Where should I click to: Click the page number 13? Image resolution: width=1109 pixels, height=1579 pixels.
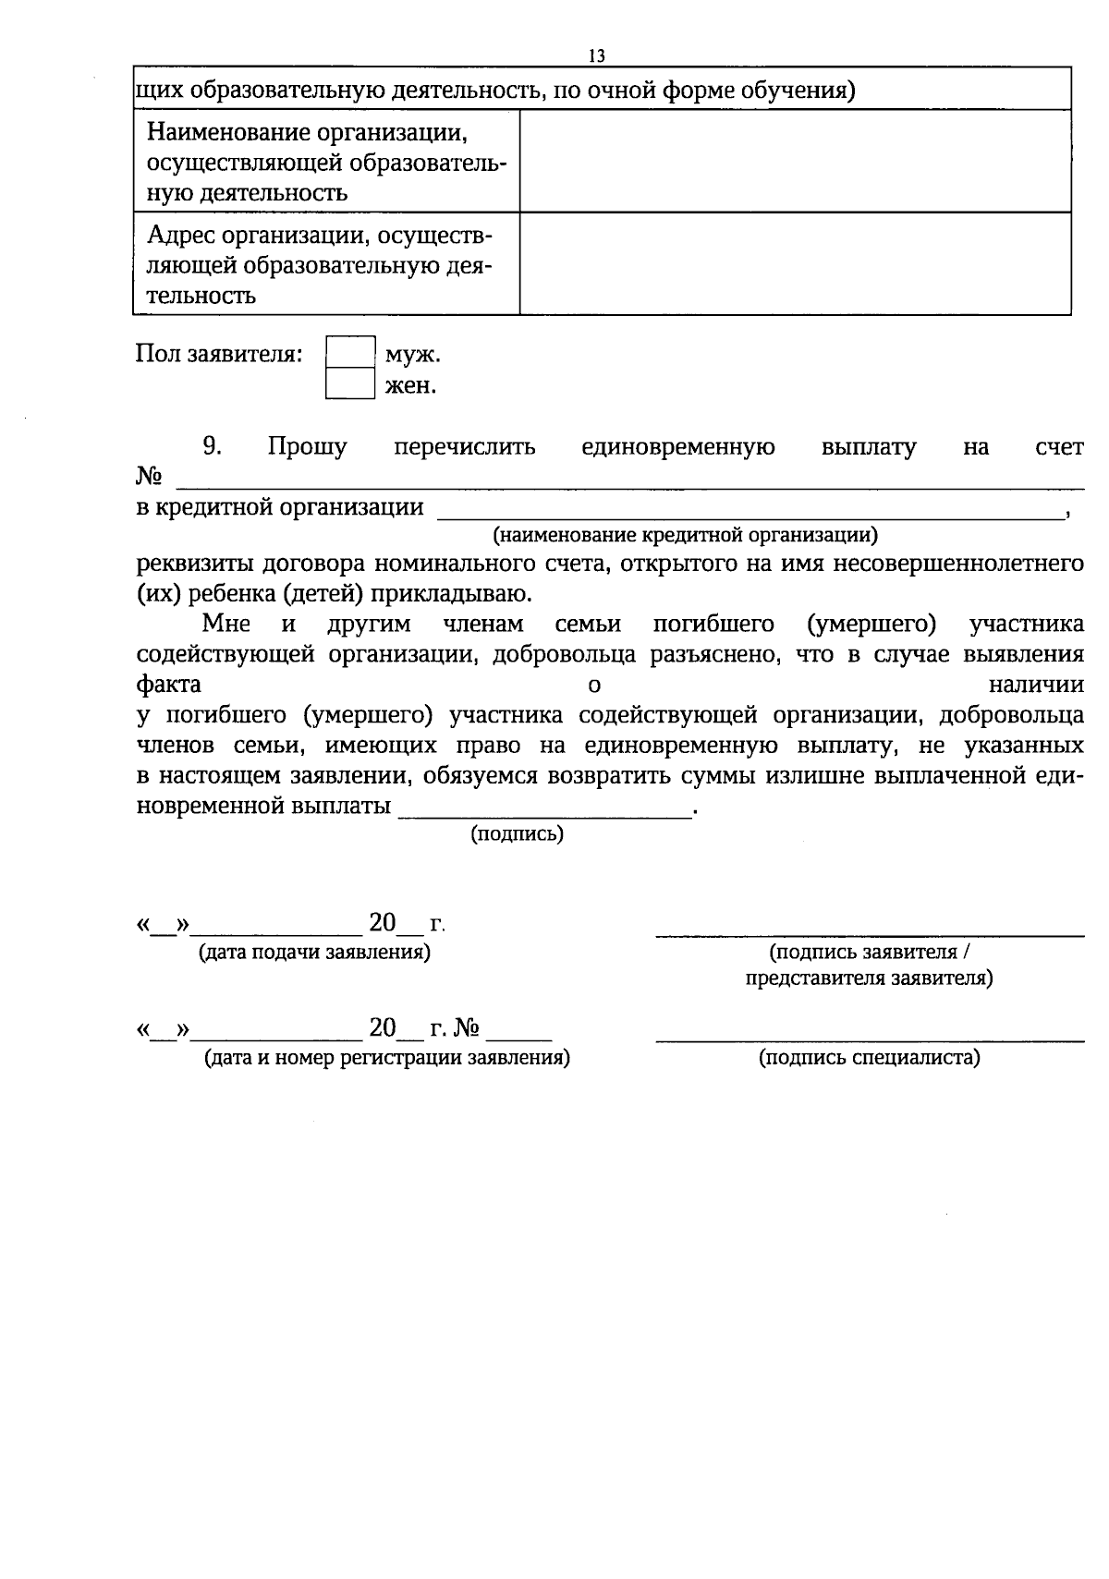[596, 56]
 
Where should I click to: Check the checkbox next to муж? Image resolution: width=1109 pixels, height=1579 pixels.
[350, 353]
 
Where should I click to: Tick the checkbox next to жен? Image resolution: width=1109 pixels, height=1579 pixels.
[350, 383]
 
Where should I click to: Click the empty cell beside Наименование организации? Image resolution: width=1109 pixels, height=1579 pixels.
[795, 161]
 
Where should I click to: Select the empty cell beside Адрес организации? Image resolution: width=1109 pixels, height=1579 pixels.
[795, 263]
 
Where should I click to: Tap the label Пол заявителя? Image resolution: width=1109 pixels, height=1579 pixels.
[219, 354]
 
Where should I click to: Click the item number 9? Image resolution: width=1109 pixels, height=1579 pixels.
[213, 447]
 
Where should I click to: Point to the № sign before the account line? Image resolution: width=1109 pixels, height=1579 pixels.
[149, 477]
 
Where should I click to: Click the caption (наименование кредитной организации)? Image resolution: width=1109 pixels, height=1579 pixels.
[685, 534]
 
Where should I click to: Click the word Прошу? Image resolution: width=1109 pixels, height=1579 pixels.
[307, 447]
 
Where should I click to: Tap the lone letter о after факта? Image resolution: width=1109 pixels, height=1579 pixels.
[594, 685]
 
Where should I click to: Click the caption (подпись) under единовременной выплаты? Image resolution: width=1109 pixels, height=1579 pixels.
[517, 834]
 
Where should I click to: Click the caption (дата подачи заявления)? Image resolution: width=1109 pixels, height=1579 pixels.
[314, 951]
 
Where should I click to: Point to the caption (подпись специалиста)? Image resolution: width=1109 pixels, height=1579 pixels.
[869, 1057]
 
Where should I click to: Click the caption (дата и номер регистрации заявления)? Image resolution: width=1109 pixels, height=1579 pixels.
[386, 1057]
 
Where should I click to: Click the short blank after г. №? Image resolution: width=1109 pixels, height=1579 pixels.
[519, 1037]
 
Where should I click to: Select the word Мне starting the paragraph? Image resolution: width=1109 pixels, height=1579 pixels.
[225, 624]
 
